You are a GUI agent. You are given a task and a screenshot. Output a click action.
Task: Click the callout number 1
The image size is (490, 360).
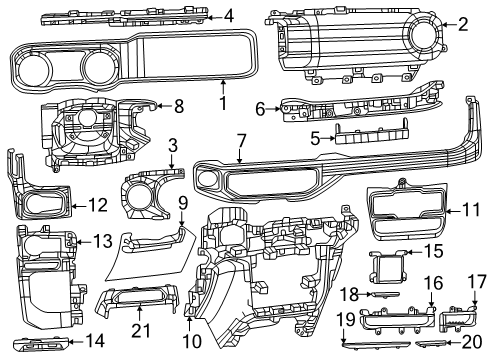click(223, 103)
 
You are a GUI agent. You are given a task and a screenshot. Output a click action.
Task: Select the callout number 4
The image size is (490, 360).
click(228, 15)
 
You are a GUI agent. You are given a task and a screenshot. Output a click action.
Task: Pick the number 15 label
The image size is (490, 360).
click(434, 251)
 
